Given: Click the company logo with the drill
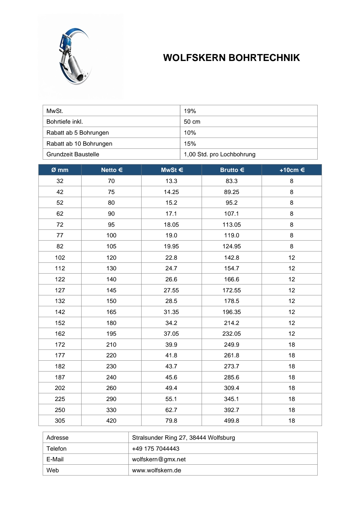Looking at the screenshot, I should [x=75, y=56].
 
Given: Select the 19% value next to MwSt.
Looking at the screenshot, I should [x=190, y=111].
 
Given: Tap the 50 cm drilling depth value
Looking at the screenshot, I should [x=192, y=122].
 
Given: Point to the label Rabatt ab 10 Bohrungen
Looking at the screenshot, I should [x=79, y=144].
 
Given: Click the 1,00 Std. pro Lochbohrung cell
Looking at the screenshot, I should [x=219, y=154].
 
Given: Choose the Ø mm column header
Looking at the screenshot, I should [x=60, y=170].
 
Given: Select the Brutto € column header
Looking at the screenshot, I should [x=232, y=170].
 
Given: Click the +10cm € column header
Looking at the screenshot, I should [x=292, y=170].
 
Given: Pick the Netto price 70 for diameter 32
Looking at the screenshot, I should [x=111, y=181].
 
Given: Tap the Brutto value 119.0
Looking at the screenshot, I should [x=232, y=235].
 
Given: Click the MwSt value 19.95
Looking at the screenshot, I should [x=171, y=246].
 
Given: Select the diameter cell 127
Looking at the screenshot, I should [x=60, y=290].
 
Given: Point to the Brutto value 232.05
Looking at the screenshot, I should [x=232, y=334].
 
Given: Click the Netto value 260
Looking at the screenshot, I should [x=111, y=388].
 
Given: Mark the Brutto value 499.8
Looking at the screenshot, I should [x=232, y=421].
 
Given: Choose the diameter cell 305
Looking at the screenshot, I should [x=60, y=421].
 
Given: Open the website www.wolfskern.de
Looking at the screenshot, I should [x=157, y=470].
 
